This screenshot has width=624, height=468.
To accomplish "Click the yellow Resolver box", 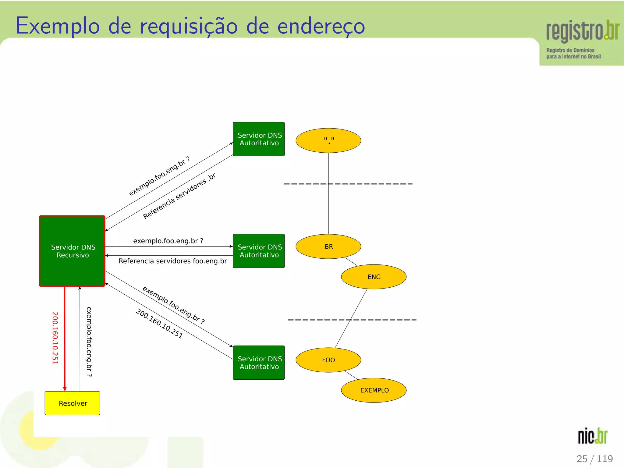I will [72, 403].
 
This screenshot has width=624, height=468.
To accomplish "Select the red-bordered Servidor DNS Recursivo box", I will [72, 251].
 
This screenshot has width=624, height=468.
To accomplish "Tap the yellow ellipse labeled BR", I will [328, 246].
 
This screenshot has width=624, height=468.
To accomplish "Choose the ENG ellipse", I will [374, 277].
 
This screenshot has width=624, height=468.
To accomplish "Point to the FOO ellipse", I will [328, 360].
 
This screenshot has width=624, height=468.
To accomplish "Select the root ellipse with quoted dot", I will [328, 140].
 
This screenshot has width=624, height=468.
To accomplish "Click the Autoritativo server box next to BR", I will [259, 251].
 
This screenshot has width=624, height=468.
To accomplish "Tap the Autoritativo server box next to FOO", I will [259, 363].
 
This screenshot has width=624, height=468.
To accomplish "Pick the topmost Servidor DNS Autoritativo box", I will [259, 139].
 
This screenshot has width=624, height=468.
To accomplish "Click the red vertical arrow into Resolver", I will [65, 338].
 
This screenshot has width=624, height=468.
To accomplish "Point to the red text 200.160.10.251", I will [55, 338].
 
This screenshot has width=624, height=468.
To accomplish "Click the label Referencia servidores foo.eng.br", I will [172, 261].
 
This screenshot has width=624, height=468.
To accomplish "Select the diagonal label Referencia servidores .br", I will [179, 196].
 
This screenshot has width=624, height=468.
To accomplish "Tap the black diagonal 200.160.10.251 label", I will [159, 324].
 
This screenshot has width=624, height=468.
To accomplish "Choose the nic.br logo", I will [592, 436].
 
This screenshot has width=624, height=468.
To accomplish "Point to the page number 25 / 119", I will [594, 459].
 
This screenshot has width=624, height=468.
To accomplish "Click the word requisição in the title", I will [189, 27].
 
